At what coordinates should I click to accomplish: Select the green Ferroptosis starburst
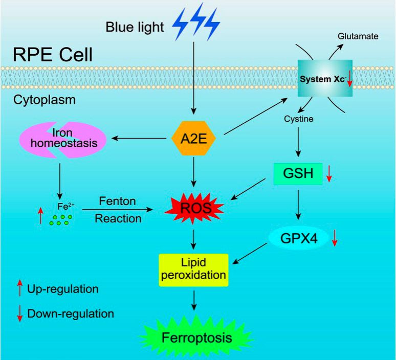pyautogui.click(x=197, y=337)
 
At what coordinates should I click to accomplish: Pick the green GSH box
pyautogui.click(x=297, y=173)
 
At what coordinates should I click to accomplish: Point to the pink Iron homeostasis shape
pyautogui.click(x=63, y=139)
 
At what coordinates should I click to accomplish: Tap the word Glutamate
pyautogui.click(x=358, y=36)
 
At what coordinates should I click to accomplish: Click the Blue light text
pyautogui.click(x=135, y=27)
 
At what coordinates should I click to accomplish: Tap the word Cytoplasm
pyautogui.click(x=44, y=99)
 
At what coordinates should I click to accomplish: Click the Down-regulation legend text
pyautogui.click(x=70, y=313)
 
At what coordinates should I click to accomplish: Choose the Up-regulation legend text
pyautogui.click(x=63, y=289)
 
